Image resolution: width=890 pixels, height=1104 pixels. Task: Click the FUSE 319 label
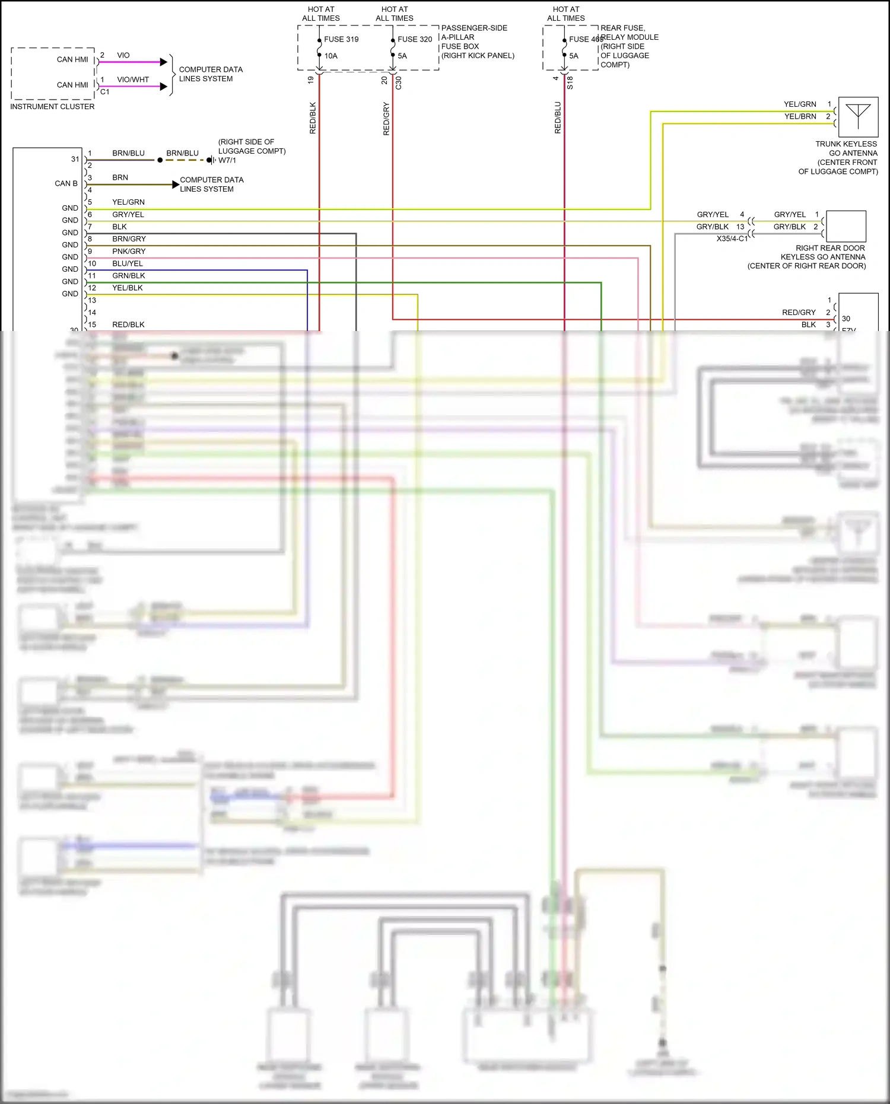(x=341, y=39)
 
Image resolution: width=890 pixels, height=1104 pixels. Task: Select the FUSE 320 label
(x=415, y=39)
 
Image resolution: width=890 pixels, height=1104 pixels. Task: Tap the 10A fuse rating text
(x=330, y=56)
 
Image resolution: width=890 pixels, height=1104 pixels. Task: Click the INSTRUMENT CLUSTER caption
(x=52, y=107)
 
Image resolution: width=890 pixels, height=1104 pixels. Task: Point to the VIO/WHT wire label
(x=133, y=79)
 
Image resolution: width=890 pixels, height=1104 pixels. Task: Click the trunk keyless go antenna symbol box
(x=858, y=117)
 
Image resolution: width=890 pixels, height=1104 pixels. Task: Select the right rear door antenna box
(x=846, y=226)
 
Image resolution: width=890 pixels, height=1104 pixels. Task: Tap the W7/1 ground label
(x=227, y=160)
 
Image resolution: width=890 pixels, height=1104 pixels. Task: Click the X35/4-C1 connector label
(x=732, y=238)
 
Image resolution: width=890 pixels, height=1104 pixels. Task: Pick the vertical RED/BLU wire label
(x=558, y=117)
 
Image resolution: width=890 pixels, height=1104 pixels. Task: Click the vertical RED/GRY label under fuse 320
(x=386, y=119)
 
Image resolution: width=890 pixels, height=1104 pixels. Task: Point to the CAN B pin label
(x=66, y=183)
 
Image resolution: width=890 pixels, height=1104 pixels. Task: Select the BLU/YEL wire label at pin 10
(x=128, y=263)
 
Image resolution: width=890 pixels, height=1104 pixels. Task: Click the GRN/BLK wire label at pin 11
(x=129, y=276)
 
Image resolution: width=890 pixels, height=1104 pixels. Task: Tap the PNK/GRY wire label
(x=129, y=252)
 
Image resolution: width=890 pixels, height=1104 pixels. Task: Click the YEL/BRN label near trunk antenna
(x=800, y=116)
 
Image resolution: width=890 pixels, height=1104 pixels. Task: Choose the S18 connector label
(x=570, y=82)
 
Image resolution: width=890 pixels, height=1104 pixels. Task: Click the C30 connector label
(x=398, y=82)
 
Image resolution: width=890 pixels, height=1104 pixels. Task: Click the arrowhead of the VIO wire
(x=164, y=62)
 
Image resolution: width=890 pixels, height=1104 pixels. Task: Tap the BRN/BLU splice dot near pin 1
(x=160, y=160)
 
